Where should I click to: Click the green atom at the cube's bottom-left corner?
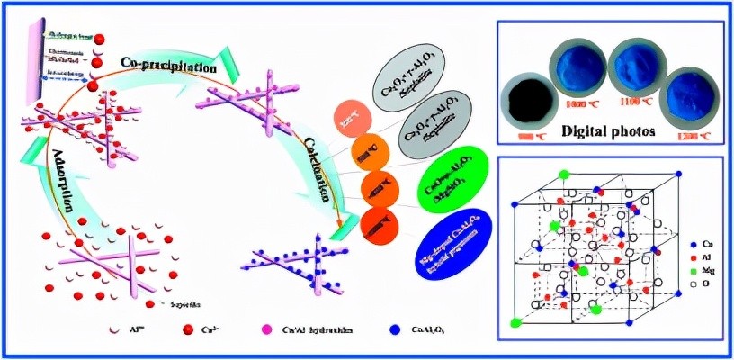point(515,321)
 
